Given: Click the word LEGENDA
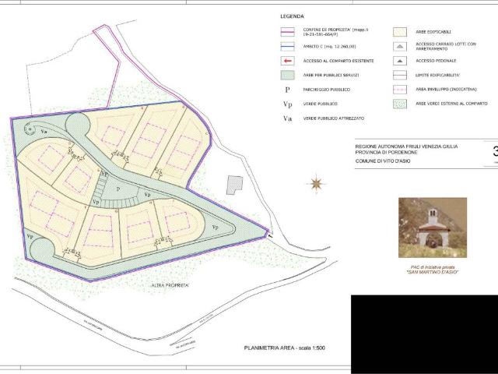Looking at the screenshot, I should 292,16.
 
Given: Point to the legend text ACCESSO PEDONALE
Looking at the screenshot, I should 436,61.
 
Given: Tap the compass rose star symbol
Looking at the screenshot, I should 317,185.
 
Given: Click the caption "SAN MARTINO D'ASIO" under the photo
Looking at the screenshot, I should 432,272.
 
